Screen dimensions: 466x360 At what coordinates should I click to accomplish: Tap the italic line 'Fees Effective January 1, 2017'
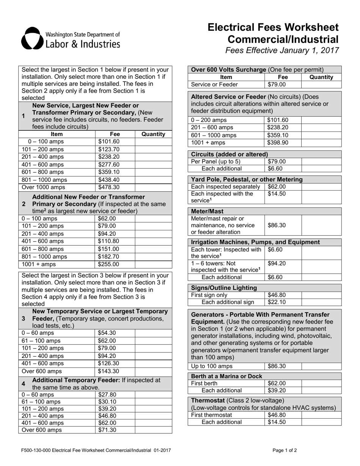[x=282, y=51]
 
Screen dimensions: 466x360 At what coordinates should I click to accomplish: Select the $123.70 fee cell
[x=109, y=149]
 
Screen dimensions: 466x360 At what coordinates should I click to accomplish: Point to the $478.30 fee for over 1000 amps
[x=109, y=187]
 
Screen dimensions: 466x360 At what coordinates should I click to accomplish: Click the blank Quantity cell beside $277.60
[x=153, y=164]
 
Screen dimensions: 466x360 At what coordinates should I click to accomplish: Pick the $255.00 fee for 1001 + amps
[x=108, y=264]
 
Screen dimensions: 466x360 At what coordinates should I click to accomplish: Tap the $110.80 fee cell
[x=108, y=241]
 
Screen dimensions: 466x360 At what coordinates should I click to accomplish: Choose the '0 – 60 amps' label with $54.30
[x=38, y=333]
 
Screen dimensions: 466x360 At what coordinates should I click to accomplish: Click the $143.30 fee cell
[x=108, y=371]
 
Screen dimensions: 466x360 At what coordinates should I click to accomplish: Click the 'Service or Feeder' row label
[x=214, y=84]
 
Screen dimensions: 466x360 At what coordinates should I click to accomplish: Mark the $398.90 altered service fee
[x=278, y=143]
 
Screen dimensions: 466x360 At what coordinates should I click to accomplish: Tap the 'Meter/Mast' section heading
[x=207, y=211]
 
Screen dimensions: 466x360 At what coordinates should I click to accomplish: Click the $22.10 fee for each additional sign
[x=277, y=302]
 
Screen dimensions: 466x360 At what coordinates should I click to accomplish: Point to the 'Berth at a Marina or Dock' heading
[x=227, y=376]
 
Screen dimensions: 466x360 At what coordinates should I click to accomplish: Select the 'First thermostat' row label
[x=211, y=414]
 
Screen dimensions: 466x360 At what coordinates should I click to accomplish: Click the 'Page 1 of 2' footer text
[x=285, y=450]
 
